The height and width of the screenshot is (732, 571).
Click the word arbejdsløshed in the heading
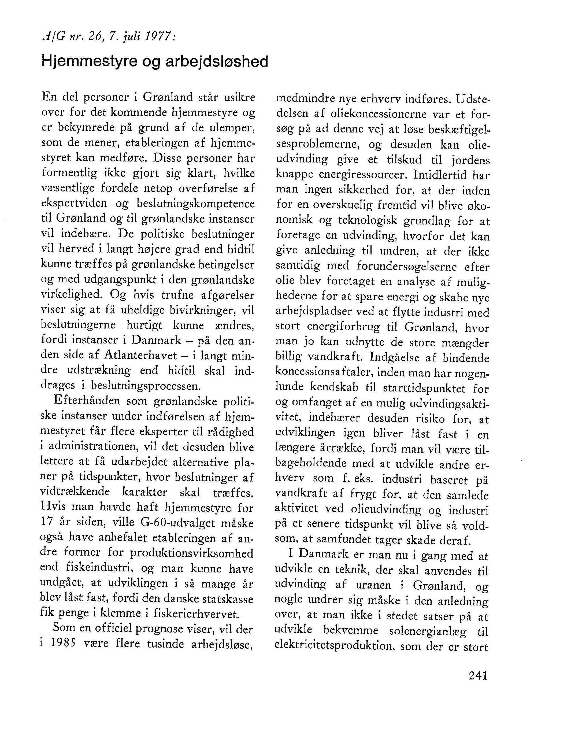point(217,62)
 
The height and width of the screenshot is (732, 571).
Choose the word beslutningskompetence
point(195,204)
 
